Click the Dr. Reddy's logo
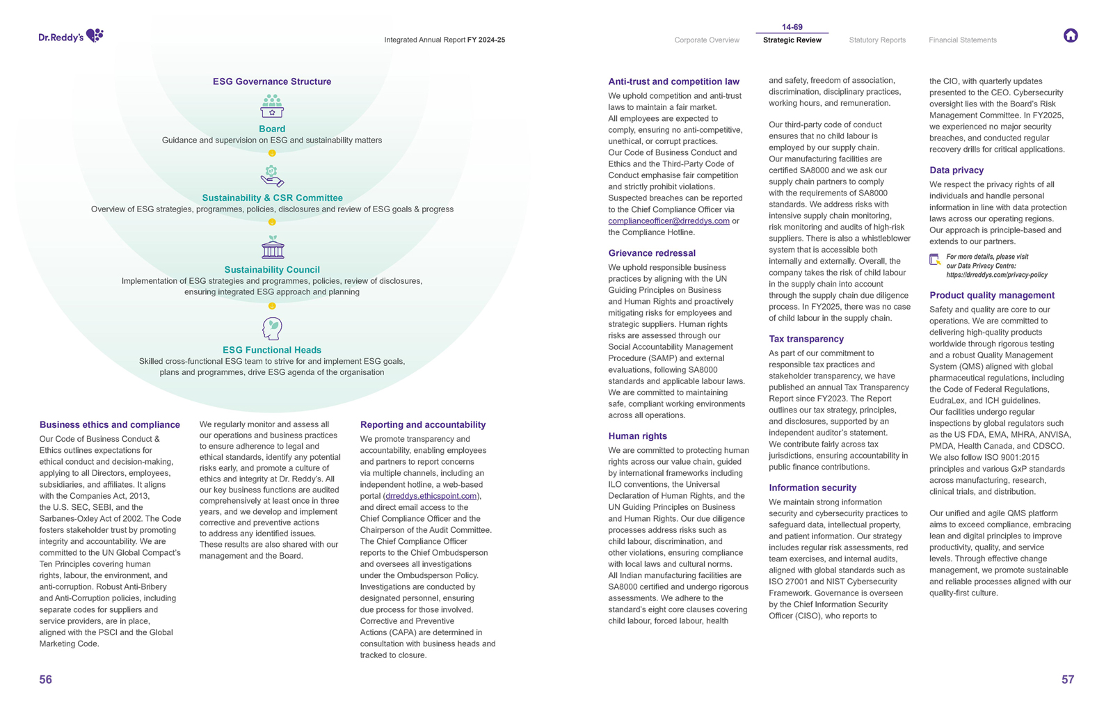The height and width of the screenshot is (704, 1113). point(71,36)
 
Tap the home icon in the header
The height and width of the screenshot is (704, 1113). point(1070,35)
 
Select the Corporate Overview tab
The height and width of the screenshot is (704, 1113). point(706,40)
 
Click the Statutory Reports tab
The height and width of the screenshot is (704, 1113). point(876,40)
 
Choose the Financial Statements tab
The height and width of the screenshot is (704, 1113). point(962,40)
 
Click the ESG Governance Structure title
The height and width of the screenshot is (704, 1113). point(272,81)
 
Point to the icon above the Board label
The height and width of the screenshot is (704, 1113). point(272,106)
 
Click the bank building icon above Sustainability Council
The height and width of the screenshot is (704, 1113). point(273,247)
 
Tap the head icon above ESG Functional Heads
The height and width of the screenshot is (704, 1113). point(272,328)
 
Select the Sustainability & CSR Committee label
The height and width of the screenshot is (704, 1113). point(272,198)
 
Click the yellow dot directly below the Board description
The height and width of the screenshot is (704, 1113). point(272,153)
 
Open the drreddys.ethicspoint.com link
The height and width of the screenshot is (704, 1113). point(431,496)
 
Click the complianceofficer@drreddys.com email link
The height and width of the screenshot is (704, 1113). point(668,221)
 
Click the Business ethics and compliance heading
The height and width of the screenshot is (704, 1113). point(110,424)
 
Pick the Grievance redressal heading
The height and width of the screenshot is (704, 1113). point(652,253)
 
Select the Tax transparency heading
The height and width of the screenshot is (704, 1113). point(806,339)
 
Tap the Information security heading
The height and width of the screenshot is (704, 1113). point(812,488)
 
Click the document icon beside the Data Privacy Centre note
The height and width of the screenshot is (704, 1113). point(935,260)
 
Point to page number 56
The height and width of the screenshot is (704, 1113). point(46,680)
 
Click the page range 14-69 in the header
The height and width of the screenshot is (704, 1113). point(792,27)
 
